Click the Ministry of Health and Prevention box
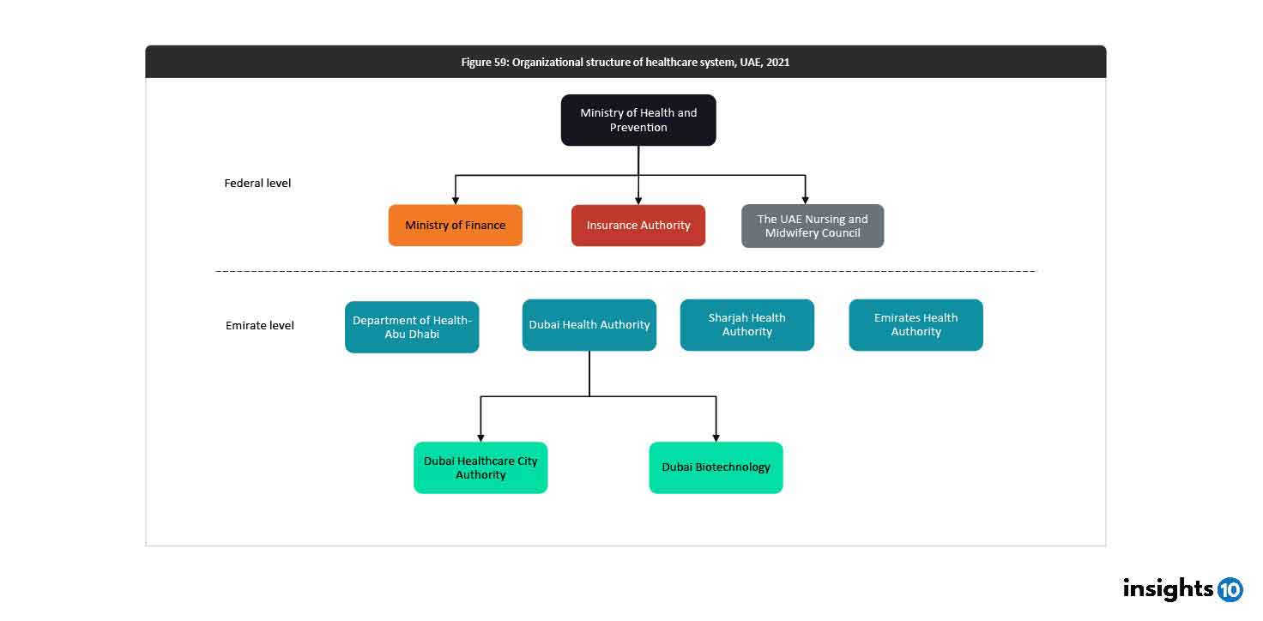[x=638, y=120]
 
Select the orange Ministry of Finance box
[x=455, y=226]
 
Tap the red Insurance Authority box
[x=638, y=226]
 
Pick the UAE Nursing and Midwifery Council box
[x=813, y=226]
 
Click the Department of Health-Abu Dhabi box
[x=412, y=327]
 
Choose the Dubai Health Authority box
[x=589, y=325]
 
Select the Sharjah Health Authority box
[x=746, y=325]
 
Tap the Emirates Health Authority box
[x=916, y=325]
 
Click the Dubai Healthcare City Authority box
[x=480, y=467]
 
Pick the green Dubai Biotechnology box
[x=716, y=467]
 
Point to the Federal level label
[x=257, y=184]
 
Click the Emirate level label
[x=259, y=326]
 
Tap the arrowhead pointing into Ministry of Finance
[x=456, y=200]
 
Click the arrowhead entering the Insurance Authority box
[x=638, y=200]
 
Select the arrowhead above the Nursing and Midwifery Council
[x=805, y=200]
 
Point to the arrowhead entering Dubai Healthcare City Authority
[x=480, y=437]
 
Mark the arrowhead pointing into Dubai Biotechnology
[x=716, y=437]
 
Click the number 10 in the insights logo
[x=1230, y=589]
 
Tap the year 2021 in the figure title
[x=777, y=63]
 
